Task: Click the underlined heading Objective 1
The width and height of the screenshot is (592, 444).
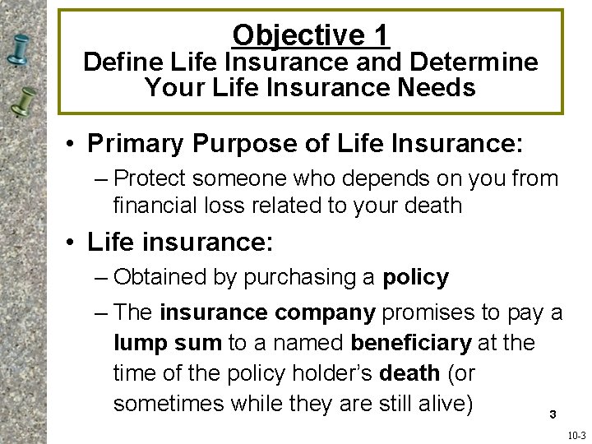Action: click(311, 35)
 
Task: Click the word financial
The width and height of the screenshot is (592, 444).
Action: click(158, 205)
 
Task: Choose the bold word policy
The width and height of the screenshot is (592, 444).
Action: click(415, 278)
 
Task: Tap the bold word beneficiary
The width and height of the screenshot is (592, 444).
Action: click(410, 343)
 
